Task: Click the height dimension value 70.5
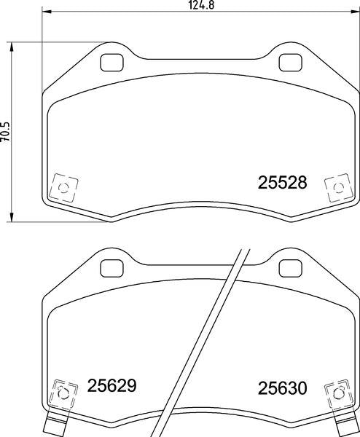coord(6,131)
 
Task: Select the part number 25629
coord(112,385)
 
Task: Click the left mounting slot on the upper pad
coord(111,63)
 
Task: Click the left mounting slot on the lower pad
coord(111,267)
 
